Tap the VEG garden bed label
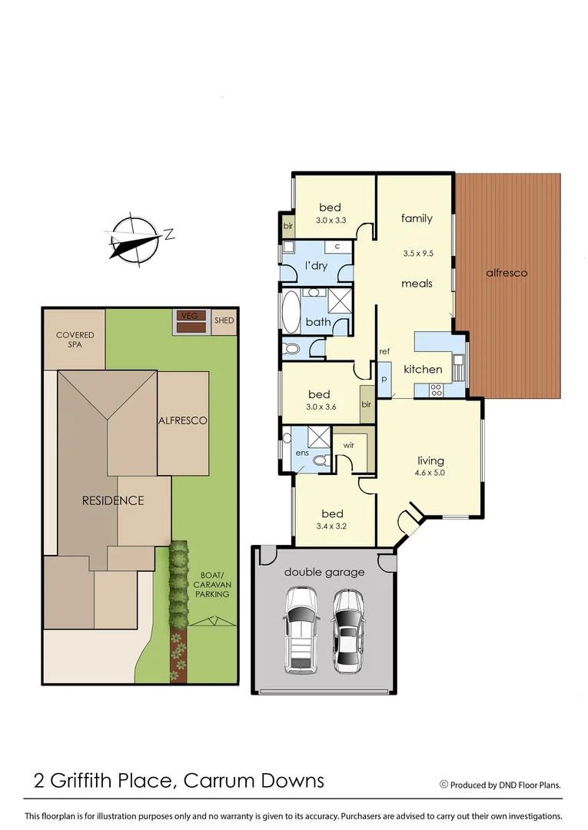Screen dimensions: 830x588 point(188,316)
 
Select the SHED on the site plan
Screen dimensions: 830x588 point(224,320)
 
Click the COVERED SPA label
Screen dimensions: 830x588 point(75,340)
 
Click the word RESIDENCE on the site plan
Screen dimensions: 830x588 point(113,500)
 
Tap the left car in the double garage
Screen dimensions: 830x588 point(301,630)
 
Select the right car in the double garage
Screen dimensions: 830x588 point(348,630)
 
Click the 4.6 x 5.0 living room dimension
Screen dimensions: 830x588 point(430,473)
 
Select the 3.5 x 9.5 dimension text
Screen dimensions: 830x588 point(418,253)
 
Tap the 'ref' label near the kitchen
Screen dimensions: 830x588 point(384,351)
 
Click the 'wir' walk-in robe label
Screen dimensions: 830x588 point(347,444)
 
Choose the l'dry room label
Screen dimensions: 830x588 point(316,266)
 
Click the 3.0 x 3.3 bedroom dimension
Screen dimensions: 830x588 point(331,221)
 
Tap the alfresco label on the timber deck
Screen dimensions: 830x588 point(507,273)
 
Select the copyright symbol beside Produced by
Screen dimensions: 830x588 point(443,785)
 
